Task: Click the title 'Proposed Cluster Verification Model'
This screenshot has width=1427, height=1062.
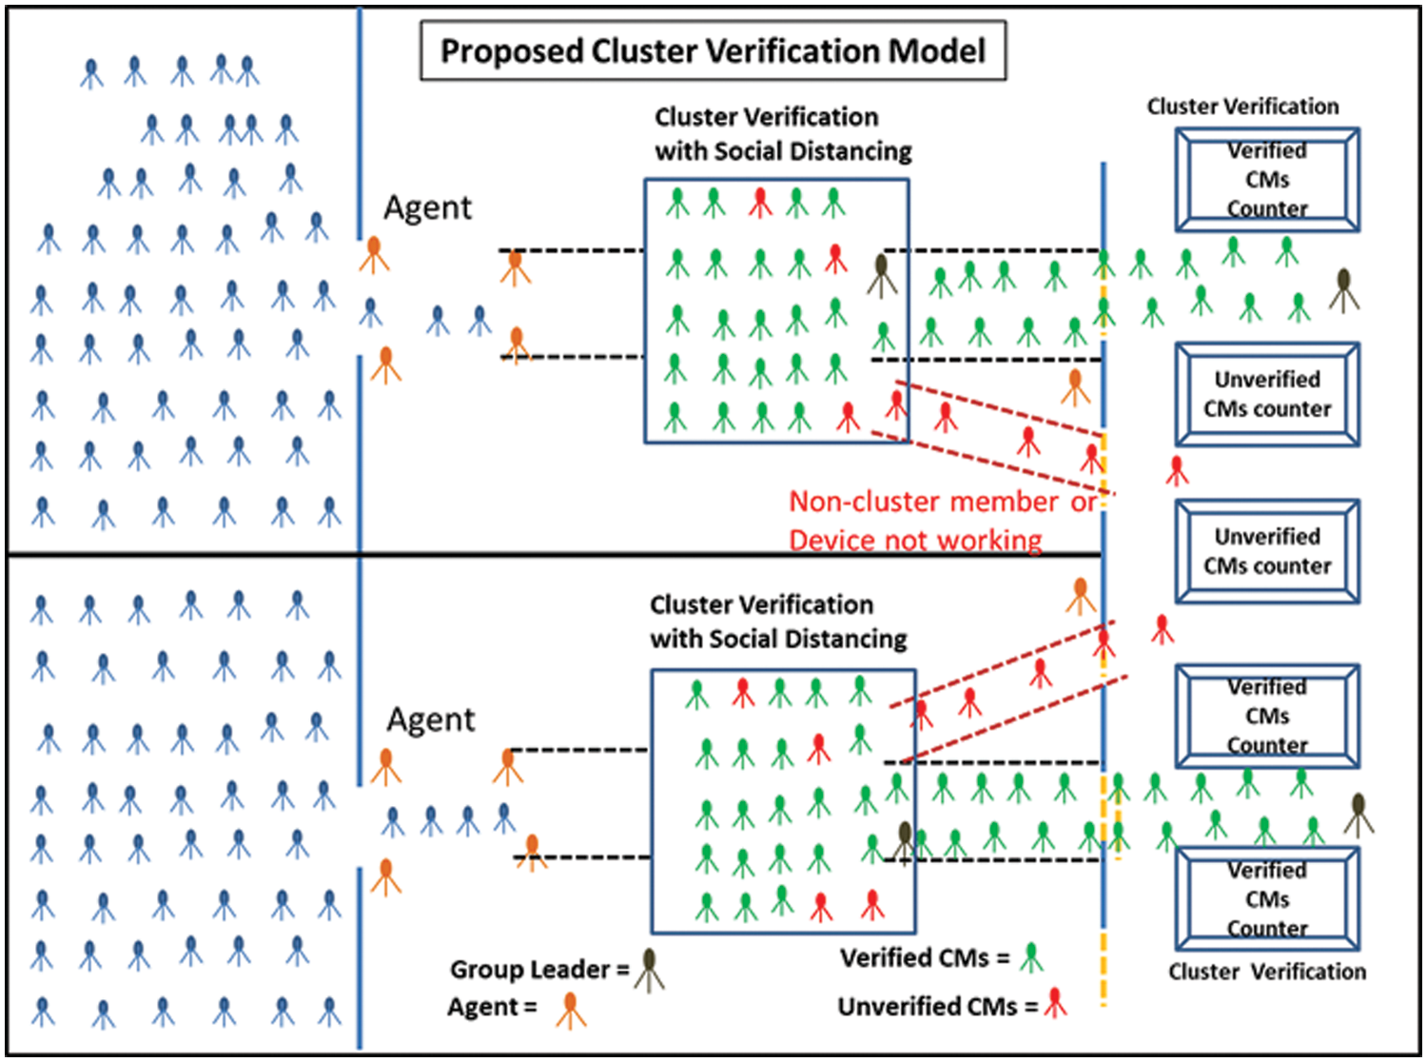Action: (x=713, y=50)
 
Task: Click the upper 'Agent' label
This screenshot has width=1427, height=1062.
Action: (x=427, y=207)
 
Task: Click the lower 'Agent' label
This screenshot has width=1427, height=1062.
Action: (x=430, y=719)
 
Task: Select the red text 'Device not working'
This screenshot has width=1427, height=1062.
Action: (x=915, y=541)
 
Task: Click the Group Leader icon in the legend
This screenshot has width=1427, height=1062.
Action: (x=650, y=970)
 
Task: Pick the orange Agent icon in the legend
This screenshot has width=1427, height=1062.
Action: (x=571, y=1010)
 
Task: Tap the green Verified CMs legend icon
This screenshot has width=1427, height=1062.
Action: (x=1031, y=957)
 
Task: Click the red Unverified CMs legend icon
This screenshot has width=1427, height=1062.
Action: (x=1055, y=1003)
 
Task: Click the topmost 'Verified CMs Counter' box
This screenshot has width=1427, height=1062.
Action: (x=1266, y=180)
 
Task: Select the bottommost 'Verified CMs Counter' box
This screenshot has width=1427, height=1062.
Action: (x=1266, y=899)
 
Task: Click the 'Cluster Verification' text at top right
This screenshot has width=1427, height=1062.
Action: (x=1242, y=107)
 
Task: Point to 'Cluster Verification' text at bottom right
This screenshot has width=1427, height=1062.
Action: (x=1266, y=972)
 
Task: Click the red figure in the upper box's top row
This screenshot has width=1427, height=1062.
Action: (x=759, y=202)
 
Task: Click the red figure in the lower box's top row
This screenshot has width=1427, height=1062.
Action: (x=743, y=692)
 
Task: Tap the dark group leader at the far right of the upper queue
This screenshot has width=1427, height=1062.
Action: (x=1343, y=289)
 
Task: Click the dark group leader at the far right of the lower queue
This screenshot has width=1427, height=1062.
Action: (x=1359, y=814)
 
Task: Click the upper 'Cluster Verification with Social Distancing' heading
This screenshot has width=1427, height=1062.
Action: (x=782, y=134)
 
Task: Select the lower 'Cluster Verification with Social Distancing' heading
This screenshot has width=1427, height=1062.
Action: (x=777, y=622)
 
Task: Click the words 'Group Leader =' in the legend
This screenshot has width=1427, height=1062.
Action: (x=538, y=970)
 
